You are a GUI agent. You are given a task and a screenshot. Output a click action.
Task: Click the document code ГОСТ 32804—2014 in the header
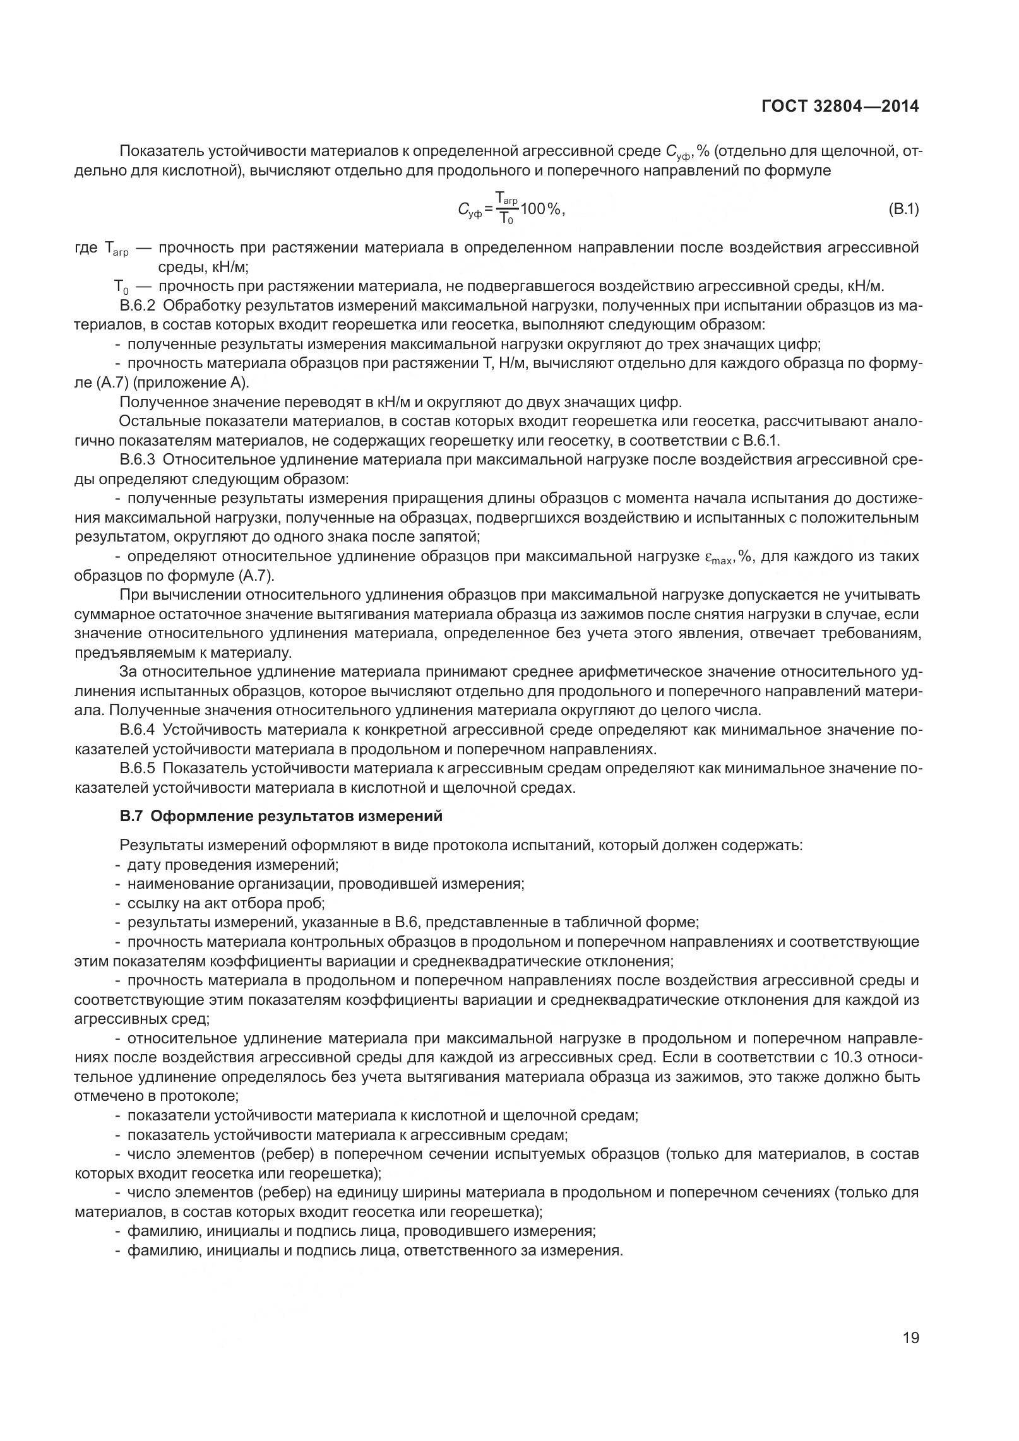840,107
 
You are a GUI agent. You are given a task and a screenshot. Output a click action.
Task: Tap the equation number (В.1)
902,209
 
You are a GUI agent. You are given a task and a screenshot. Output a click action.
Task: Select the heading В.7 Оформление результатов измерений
281,816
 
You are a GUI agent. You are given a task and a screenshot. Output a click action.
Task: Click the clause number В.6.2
137,306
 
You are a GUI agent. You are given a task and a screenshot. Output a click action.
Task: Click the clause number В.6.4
137,730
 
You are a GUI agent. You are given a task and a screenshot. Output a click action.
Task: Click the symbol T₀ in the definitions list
121,288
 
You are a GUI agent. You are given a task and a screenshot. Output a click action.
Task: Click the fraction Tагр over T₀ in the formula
506,209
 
